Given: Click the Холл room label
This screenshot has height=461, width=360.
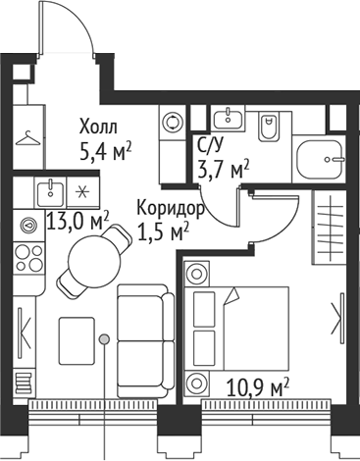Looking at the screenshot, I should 97,127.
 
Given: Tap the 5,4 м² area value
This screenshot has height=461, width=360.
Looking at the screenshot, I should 105,151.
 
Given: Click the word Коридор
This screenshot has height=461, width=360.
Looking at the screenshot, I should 171,209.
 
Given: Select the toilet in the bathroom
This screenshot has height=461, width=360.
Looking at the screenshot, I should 270,127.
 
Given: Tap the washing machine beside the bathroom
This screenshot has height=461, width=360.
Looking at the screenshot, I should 174,123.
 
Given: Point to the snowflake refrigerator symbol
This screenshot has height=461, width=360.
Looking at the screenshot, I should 82,189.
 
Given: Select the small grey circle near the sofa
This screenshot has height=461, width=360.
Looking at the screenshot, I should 104,339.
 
